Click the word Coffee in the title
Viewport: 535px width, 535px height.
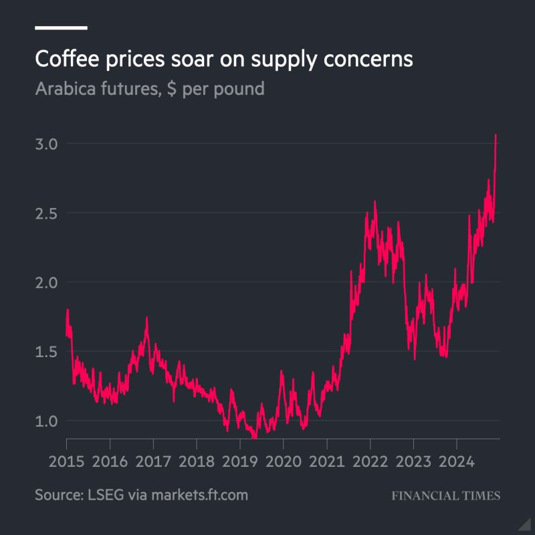point(67,59)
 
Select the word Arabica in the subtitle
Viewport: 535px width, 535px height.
point(66,89)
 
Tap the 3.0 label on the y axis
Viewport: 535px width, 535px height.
point(46,144)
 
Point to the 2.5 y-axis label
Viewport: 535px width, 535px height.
point(46,213)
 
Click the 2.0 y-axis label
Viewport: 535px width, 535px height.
point(46,283)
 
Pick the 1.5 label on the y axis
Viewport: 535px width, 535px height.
point(46,352)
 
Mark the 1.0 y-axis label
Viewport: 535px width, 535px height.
point(46,421)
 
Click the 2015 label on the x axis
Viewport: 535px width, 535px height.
point(66,462)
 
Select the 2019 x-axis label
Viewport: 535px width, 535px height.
point(240,462)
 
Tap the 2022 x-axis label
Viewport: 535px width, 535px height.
point(370,462)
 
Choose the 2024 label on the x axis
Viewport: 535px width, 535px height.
point(457,462)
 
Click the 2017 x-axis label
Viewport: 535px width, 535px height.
point(153,462)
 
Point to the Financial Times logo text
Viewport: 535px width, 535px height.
point(446,496)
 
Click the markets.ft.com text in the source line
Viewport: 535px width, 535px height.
point(199,495)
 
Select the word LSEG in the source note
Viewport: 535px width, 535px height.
point(106,495)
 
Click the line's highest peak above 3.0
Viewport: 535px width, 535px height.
point(496,135)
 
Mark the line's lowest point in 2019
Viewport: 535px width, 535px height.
point(255,437)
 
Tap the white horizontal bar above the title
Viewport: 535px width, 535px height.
point(61,28)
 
